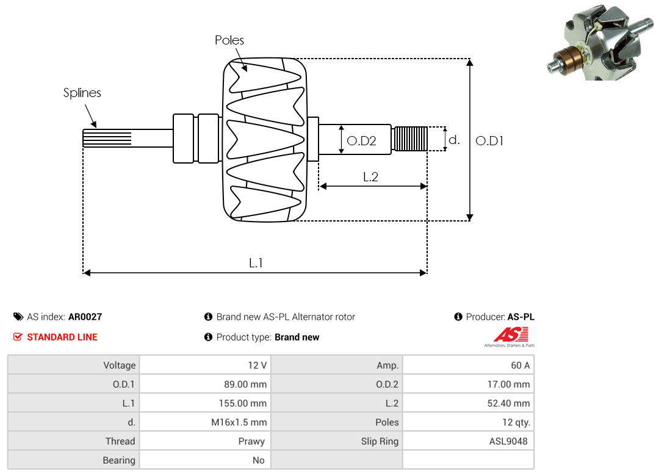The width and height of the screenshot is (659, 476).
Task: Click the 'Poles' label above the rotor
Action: pos(229,40)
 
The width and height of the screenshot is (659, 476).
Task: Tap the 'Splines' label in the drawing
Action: pos(82,93)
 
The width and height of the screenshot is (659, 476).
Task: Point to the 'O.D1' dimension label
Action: pos(489,140)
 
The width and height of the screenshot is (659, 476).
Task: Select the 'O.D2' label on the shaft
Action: pos(361,140)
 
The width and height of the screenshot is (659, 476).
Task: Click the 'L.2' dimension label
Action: pos(371,176)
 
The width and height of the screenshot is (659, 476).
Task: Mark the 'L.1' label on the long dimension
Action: pos(256,263)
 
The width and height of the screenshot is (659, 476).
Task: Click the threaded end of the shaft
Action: pos(410,139)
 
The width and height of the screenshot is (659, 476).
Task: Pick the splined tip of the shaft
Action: pos(107,139)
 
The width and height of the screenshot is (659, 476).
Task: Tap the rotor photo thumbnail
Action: pos(599,42)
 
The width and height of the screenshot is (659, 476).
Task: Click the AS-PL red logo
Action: pos(510,337)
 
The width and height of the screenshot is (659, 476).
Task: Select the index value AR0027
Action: pos(85,317)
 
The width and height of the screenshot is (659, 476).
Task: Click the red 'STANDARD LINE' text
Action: pos(62,337)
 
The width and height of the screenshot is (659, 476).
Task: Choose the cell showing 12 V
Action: pos(257,365)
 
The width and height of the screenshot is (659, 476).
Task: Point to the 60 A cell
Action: pos(520,365)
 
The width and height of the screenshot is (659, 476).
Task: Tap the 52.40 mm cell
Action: pos(508,403)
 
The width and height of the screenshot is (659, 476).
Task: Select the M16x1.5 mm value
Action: pos(239,422)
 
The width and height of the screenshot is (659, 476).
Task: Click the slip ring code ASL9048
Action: pos(508,441)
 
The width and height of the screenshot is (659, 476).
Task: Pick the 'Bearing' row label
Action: pos(119,460)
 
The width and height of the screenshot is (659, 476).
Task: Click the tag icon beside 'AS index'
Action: pos(18,317)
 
